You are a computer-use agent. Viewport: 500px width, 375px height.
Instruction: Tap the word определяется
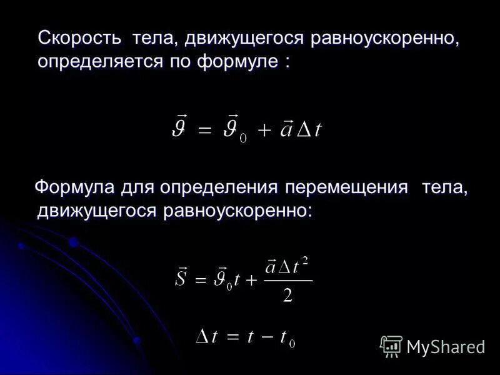[x=96, y=62]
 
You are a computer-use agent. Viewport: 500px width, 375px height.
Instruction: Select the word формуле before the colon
[x=237, y=62]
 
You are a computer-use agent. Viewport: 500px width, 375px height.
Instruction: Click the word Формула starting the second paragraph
[x=74, y=187]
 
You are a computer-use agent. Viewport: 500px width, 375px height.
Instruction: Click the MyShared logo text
[x=446, y=347]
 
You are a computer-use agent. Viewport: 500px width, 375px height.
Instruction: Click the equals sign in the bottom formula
[x=232, y=337]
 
